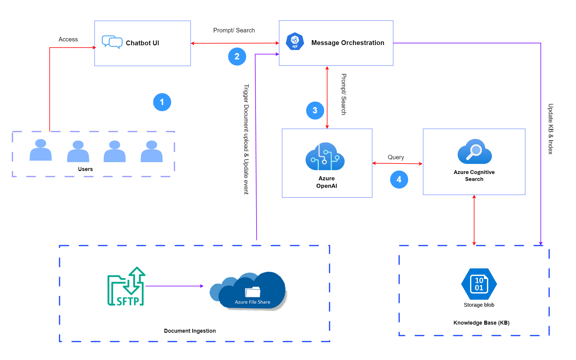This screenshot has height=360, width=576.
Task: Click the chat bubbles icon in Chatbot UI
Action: (112, 42)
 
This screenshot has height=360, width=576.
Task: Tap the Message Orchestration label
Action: (348, 43)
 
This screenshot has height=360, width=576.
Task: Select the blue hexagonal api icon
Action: (295, 41)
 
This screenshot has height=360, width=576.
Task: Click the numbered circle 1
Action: (162, 102)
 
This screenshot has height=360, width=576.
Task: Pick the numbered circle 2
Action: (237, 56)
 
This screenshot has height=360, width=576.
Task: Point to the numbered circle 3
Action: (315, 110)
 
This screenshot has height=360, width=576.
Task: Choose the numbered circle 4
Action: (399, 179)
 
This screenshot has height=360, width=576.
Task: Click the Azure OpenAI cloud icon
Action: (325, 156)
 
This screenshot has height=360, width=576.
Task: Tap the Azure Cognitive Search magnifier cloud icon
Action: (474, 151)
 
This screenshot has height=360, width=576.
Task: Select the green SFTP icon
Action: (126, 286)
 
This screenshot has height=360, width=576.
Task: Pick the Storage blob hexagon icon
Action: (479, 284)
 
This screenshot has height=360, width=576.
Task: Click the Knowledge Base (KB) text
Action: (481, 323)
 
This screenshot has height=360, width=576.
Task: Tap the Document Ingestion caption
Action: (190, 331)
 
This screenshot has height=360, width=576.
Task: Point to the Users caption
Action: (85, 169)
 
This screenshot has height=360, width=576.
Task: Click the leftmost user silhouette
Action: (40, 150)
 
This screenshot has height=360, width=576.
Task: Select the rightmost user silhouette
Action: (151, 151)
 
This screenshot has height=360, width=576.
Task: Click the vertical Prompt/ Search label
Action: (344, 94)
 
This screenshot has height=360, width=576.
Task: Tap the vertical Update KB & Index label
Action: (550, 129)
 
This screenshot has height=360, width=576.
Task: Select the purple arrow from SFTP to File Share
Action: (174, 286)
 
